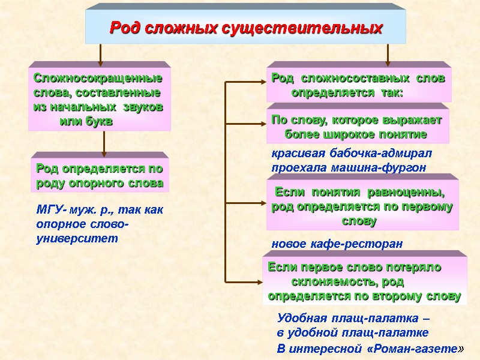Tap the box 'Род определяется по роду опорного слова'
[100, 176]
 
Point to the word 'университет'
[77, 238]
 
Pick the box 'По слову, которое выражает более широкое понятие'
[357, 126]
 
